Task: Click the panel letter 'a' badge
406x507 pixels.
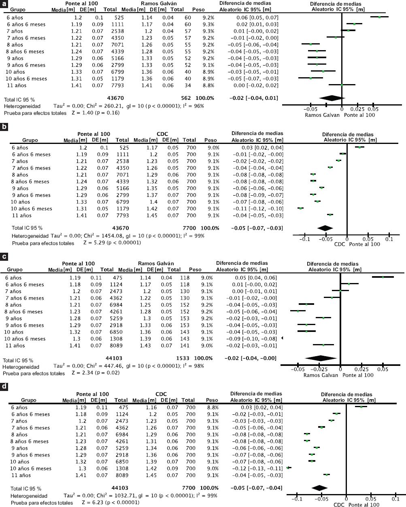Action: tap(4, 4)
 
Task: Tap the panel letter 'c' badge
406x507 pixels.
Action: tap(4, 257)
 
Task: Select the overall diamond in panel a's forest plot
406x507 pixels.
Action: tap(332, 98)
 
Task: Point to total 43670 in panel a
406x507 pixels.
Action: tap(115, 98)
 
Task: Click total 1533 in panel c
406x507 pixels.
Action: tap(183, 358)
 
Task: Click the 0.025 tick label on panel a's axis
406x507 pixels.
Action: tap(357, 109)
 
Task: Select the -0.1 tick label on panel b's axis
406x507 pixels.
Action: tap(304, 239)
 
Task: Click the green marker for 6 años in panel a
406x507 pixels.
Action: tap(379, 17)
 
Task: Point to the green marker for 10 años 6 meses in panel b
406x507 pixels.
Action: tap(300, 208)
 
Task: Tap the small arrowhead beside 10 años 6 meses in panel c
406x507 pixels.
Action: tap(282, 338)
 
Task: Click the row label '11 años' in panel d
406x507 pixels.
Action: tap(21, 475)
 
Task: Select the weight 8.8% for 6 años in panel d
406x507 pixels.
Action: tap(213, 408)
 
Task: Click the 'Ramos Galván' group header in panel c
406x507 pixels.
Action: tap(156, 263)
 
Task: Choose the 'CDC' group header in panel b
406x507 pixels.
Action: tap(162, 134)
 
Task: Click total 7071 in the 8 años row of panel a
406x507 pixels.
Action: tap(117, 45)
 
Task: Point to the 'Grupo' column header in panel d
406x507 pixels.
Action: tap(29, 400)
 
